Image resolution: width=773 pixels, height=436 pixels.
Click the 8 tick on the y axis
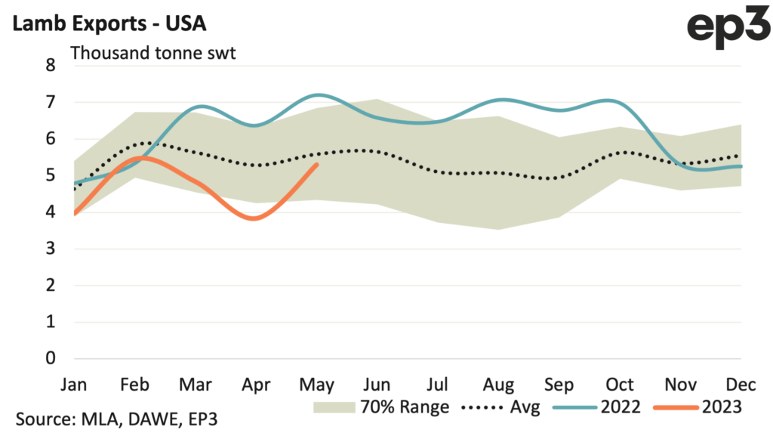click(x=51, y=65)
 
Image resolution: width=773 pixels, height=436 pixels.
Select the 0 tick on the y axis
click(x=51, y=357)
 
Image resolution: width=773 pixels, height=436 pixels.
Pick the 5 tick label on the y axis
click(x=51, y=175)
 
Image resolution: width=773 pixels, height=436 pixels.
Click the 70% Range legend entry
click(x=382, y=407)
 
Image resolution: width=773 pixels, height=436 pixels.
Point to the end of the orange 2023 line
click(x=317, y=164)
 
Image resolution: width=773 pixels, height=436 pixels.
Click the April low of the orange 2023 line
click(x=255, y=218)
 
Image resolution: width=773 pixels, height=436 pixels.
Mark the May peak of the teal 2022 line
click(x=320, y=94)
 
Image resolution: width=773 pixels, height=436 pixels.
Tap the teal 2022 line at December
click(x=741, y=166)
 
